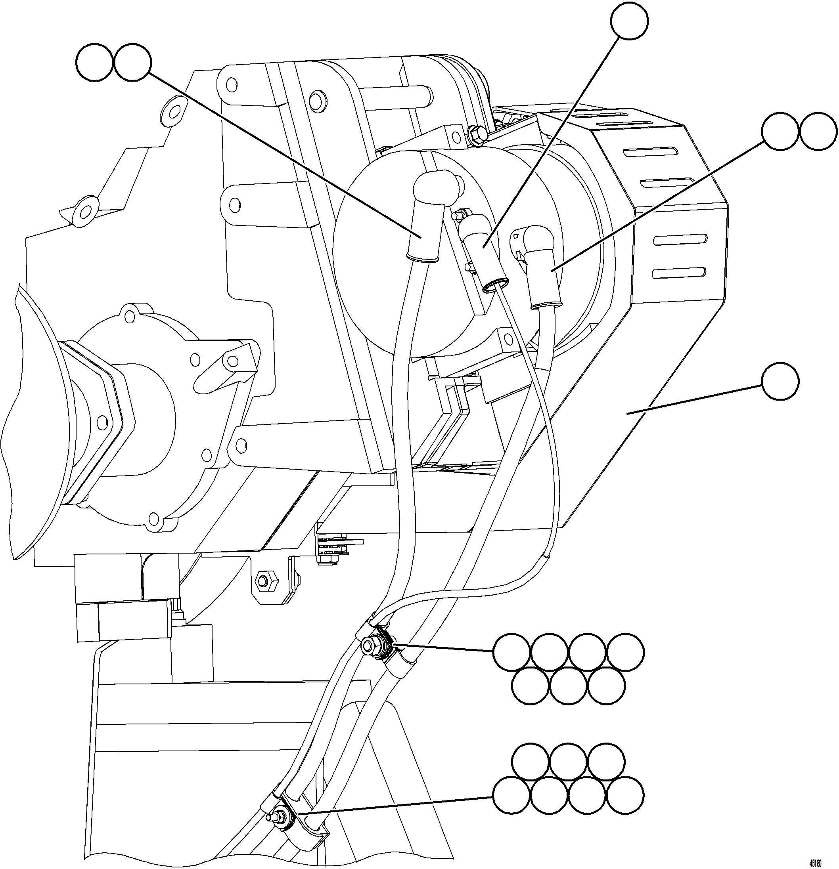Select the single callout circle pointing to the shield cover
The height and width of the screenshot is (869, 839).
(780, 382)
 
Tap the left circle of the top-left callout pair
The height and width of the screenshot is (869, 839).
(94, 63)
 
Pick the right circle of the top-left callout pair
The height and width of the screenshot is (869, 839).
(132, 63)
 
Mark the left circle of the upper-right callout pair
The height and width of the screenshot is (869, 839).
(780, 131)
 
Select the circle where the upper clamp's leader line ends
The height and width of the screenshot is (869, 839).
(511, 652)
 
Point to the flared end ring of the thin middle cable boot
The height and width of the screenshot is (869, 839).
(496, 286)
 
